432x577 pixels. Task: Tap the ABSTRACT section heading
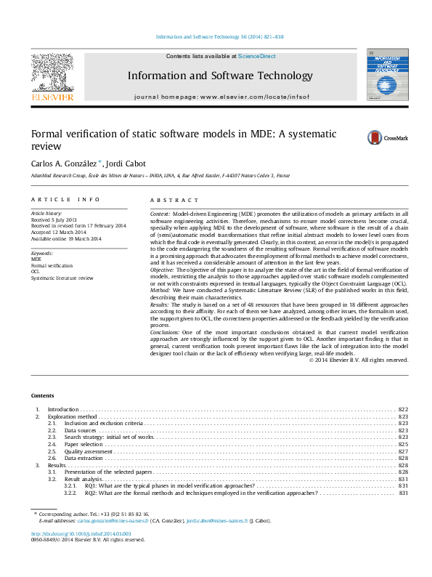point(174,200)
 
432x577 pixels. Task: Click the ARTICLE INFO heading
point(65,200)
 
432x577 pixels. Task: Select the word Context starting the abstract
point(160,214)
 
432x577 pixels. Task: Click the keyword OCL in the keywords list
point(36,271)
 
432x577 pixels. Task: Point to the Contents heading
point(42,395)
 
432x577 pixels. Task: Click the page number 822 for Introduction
point(403,410)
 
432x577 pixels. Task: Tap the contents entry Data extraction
point(83,459)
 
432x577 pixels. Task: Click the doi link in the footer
point(81,533)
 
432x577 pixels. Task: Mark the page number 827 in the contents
point(403,451)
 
